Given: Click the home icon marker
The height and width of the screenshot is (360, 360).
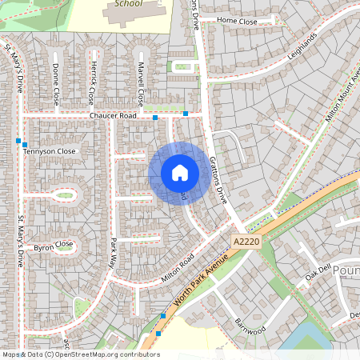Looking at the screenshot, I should [x=180, y=173].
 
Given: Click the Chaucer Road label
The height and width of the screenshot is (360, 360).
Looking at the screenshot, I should [x=113, y=116].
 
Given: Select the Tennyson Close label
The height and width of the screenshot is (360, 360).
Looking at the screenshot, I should [x=50, y=150].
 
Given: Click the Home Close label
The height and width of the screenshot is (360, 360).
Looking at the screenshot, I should [x=238, y=21].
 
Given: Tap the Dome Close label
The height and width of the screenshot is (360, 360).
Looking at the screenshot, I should [x=55, y=83].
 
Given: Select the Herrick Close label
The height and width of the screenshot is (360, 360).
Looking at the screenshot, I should [x=93, y=83].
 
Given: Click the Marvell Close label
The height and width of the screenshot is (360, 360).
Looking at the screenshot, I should [x=140, y=84].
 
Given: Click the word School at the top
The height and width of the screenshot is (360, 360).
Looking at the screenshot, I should [x=128, y=3].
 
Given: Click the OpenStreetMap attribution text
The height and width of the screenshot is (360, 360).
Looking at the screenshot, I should [x=80, y=354].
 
